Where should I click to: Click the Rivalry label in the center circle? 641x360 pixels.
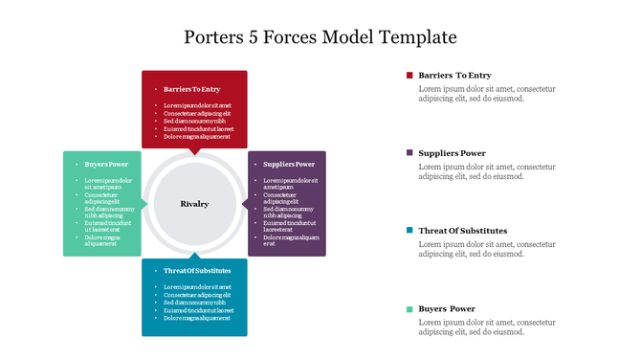click(x=194, y=204)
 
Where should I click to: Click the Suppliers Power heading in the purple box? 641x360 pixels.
click(x=289, y=164)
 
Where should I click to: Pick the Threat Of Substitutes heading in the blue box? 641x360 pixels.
click(x=197, y=271)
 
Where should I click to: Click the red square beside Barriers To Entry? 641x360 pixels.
click(x=409, y=75)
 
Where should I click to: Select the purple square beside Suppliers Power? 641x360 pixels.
click(x=409, y=153)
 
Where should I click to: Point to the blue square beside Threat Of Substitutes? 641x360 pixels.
click(x=409, y=231)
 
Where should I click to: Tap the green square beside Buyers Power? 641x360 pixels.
click(x=409, y=308)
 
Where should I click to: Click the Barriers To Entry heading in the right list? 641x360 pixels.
click(x=454, y=75)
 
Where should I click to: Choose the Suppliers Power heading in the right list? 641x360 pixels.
click(x=452, y=153)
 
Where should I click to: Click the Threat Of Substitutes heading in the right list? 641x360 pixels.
click(x=463, y=231)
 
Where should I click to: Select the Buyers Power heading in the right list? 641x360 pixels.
click(x=447, y=308)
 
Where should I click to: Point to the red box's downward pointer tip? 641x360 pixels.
click(x=194, y=153)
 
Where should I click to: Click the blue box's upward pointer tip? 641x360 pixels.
click(x=194, y=254)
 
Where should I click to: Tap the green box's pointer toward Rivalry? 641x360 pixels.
click(x=146, y=204)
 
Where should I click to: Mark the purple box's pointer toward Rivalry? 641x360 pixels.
click(x=243, y=204)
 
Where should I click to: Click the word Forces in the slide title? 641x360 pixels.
click(x=303, y=37)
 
